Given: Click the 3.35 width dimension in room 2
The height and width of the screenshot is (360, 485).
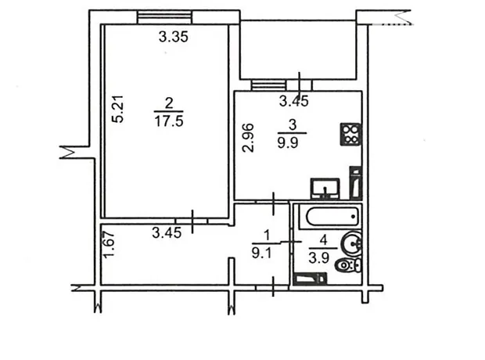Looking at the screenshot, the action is pos(174,37).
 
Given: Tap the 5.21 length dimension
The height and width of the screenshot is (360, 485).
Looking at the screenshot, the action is pos(118,109).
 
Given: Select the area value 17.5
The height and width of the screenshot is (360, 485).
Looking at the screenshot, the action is pos(169,121).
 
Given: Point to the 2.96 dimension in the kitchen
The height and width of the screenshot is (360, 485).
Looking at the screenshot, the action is pos(248,138).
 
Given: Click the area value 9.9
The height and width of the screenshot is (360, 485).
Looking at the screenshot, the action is pos(288,143).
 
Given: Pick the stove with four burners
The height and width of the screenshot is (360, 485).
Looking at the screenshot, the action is pos(350,134).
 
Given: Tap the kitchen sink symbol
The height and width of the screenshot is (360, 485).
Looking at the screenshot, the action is pos(325,189).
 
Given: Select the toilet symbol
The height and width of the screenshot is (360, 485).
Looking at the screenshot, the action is pos(348,265).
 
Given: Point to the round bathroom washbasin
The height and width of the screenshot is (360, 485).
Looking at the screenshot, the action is pos(352,243).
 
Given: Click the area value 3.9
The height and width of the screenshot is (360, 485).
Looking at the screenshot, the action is pos(319,257).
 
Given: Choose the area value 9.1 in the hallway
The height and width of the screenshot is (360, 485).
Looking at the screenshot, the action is pos(261,254).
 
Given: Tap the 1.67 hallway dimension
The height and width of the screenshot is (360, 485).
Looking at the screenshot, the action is pos(110,245).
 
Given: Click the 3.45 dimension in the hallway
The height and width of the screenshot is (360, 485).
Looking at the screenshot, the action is pos(167,232).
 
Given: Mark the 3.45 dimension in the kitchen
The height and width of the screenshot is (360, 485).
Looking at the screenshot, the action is pos(294,101).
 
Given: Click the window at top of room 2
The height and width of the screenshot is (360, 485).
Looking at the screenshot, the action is pos(164,17).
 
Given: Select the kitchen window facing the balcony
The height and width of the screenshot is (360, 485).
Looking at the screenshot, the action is pos(268,85).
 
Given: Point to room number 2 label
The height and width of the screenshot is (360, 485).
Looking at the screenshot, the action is pos(169,103).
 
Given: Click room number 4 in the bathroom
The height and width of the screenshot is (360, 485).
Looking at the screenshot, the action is pos(324,240).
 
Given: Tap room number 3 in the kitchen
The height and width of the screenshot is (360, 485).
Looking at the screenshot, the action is pos(293,125).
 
